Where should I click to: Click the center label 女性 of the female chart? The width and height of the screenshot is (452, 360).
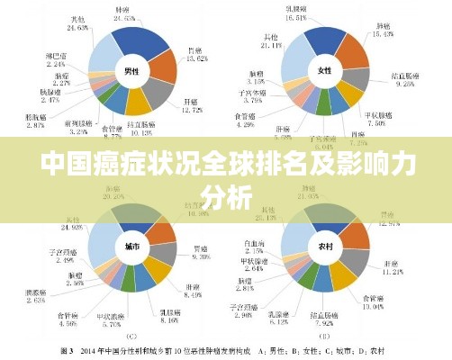[x=325, y=69]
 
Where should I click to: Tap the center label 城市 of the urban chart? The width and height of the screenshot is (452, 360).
[x=132, y=245]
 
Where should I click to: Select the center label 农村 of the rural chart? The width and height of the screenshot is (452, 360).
[x=325, y=245]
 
